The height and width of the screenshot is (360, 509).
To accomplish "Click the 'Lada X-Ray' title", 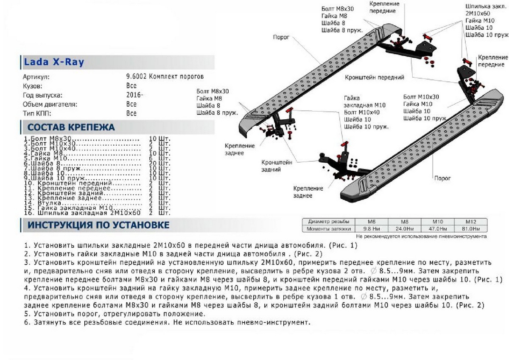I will click(x=54, y=62).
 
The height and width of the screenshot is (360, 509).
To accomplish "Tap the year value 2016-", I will click(x=134, y=95).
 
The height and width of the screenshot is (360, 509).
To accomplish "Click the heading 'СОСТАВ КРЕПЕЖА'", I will click(x=71, y=127).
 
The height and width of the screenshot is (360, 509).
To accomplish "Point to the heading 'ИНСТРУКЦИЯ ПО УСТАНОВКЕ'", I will click(x=98, y=225).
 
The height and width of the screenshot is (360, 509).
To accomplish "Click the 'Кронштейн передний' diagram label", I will click(x=374, y=78).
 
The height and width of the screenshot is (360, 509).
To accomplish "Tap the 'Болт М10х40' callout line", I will click(x=362, y=112).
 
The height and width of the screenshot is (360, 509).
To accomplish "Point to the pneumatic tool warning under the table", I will click(x=421, y=236).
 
